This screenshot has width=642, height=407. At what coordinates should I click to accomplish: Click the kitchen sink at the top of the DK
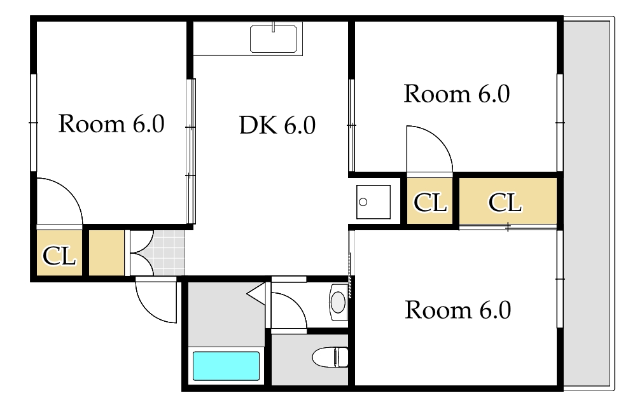pos(274,39)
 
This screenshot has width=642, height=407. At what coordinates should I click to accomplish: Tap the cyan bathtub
pos(226,366)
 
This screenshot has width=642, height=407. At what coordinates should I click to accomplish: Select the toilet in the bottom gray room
pos(331,357)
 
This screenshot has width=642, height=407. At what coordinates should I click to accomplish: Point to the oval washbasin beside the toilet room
pos(338,301)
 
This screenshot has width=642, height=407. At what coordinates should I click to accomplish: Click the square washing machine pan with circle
pos(373,202)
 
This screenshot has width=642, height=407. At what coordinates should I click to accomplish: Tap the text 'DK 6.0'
pos(277,126)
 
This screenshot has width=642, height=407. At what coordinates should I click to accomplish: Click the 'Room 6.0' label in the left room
pos(111,124)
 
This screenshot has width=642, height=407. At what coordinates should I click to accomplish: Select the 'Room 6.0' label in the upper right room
pos(457,94)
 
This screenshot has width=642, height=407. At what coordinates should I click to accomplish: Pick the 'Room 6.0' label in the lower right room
pos(458,310)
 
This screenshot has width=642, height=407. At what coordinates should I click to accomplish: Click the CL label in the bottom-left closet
pos(59,256)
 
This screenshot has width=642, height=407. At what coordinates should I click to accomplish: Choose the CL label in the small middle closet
pos(430,203)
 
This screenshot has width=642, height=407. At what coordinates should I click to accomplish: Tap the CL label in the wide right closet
pos(505,203)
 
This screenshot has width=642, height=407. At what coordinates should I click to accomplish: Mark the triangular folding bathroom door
pos(257,294)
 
